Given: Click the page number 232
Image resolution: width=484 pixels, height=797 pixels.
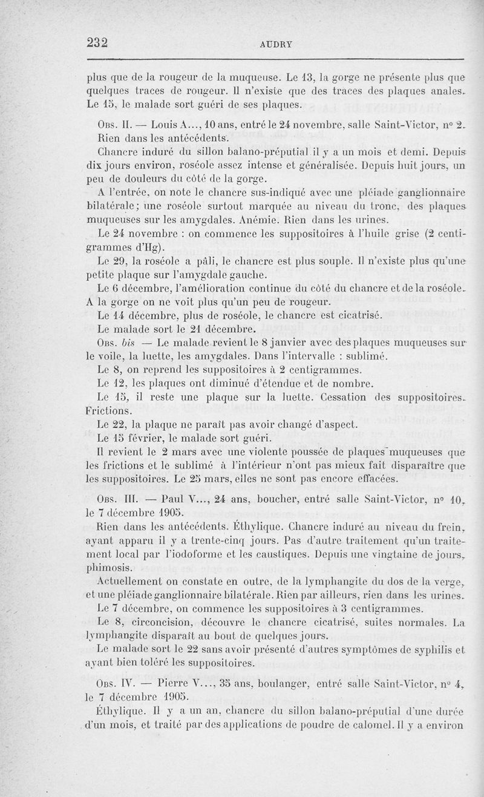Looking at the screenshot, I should [x=97, y=42].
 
